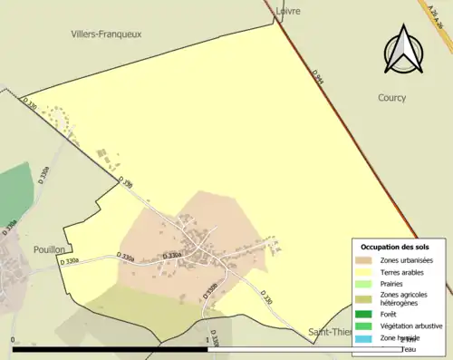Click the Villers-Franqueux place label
pyautogui.click(x=106, y=34)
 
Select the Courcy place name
pyautogui.click(x=392, y=97)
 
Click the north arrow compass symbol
pyautogui.click(x=401, y=50)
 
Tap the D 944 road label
pyautogui.click(x=317, y=79)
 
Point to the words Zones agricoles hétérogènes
pyautogui.click(x=404, y=299)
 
